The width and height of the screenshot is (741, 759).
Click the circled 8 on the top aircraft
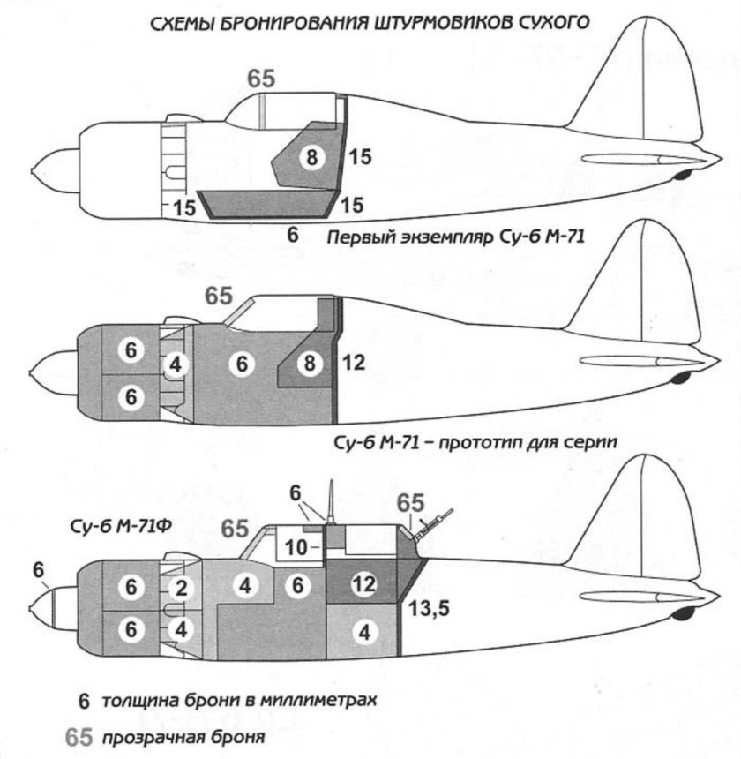[311, 158]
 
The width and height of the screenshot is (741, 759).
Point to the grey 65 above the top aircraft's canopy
[261, 78]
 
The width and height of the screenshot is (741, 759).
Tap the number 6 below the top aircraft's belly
[293, 234]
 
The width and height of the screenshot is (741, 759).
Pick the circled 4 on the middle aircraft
[176, 364]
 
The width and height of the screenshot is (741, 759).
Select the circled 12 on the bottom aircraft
[363, 582]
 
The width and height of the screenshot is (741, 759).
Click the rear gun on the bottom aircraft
[438, 522]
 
